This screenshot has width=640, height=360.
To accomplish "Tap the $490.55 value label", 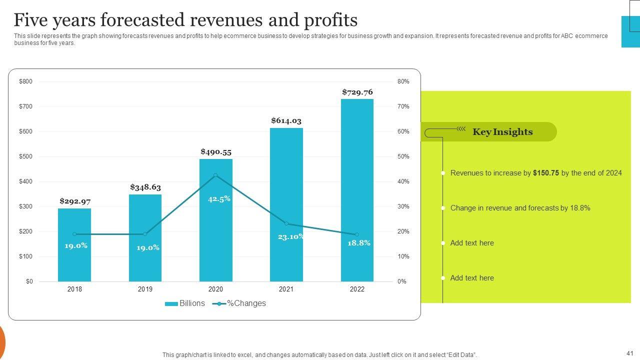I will click(216, 152).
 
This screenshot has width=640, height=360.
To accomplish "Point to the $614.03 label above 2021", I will click(286, 121).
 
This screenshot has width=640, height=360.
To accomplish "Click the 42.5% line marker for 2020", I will click(215, 175).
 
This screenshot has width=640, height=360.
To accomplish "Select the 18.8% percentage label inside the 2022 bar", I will click(359, 243).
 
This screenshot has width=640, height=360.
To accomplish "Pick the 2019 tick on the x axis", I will click(145, 289).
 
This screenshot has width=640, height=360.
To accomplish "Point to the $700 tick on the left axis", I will click(25, 106).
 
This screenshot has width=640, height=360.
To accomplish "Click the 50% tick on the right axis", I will click(403, 156).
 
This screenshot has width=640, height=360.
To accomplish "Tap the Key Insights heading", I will click(502, 132).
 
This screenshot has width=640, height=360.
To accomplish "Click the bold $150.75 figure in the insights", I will click(546, 173).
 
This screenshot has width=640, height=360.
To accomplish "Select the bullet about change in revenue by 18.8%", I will click(520, 208).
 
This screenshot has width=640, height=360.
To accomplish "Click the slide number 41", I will click(629, 353).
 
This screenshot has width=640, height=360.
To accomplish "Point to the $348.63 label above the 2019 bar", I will click(145, 187).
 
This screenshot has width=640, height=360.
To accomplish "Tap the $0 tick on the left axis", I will click(29, 281).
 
